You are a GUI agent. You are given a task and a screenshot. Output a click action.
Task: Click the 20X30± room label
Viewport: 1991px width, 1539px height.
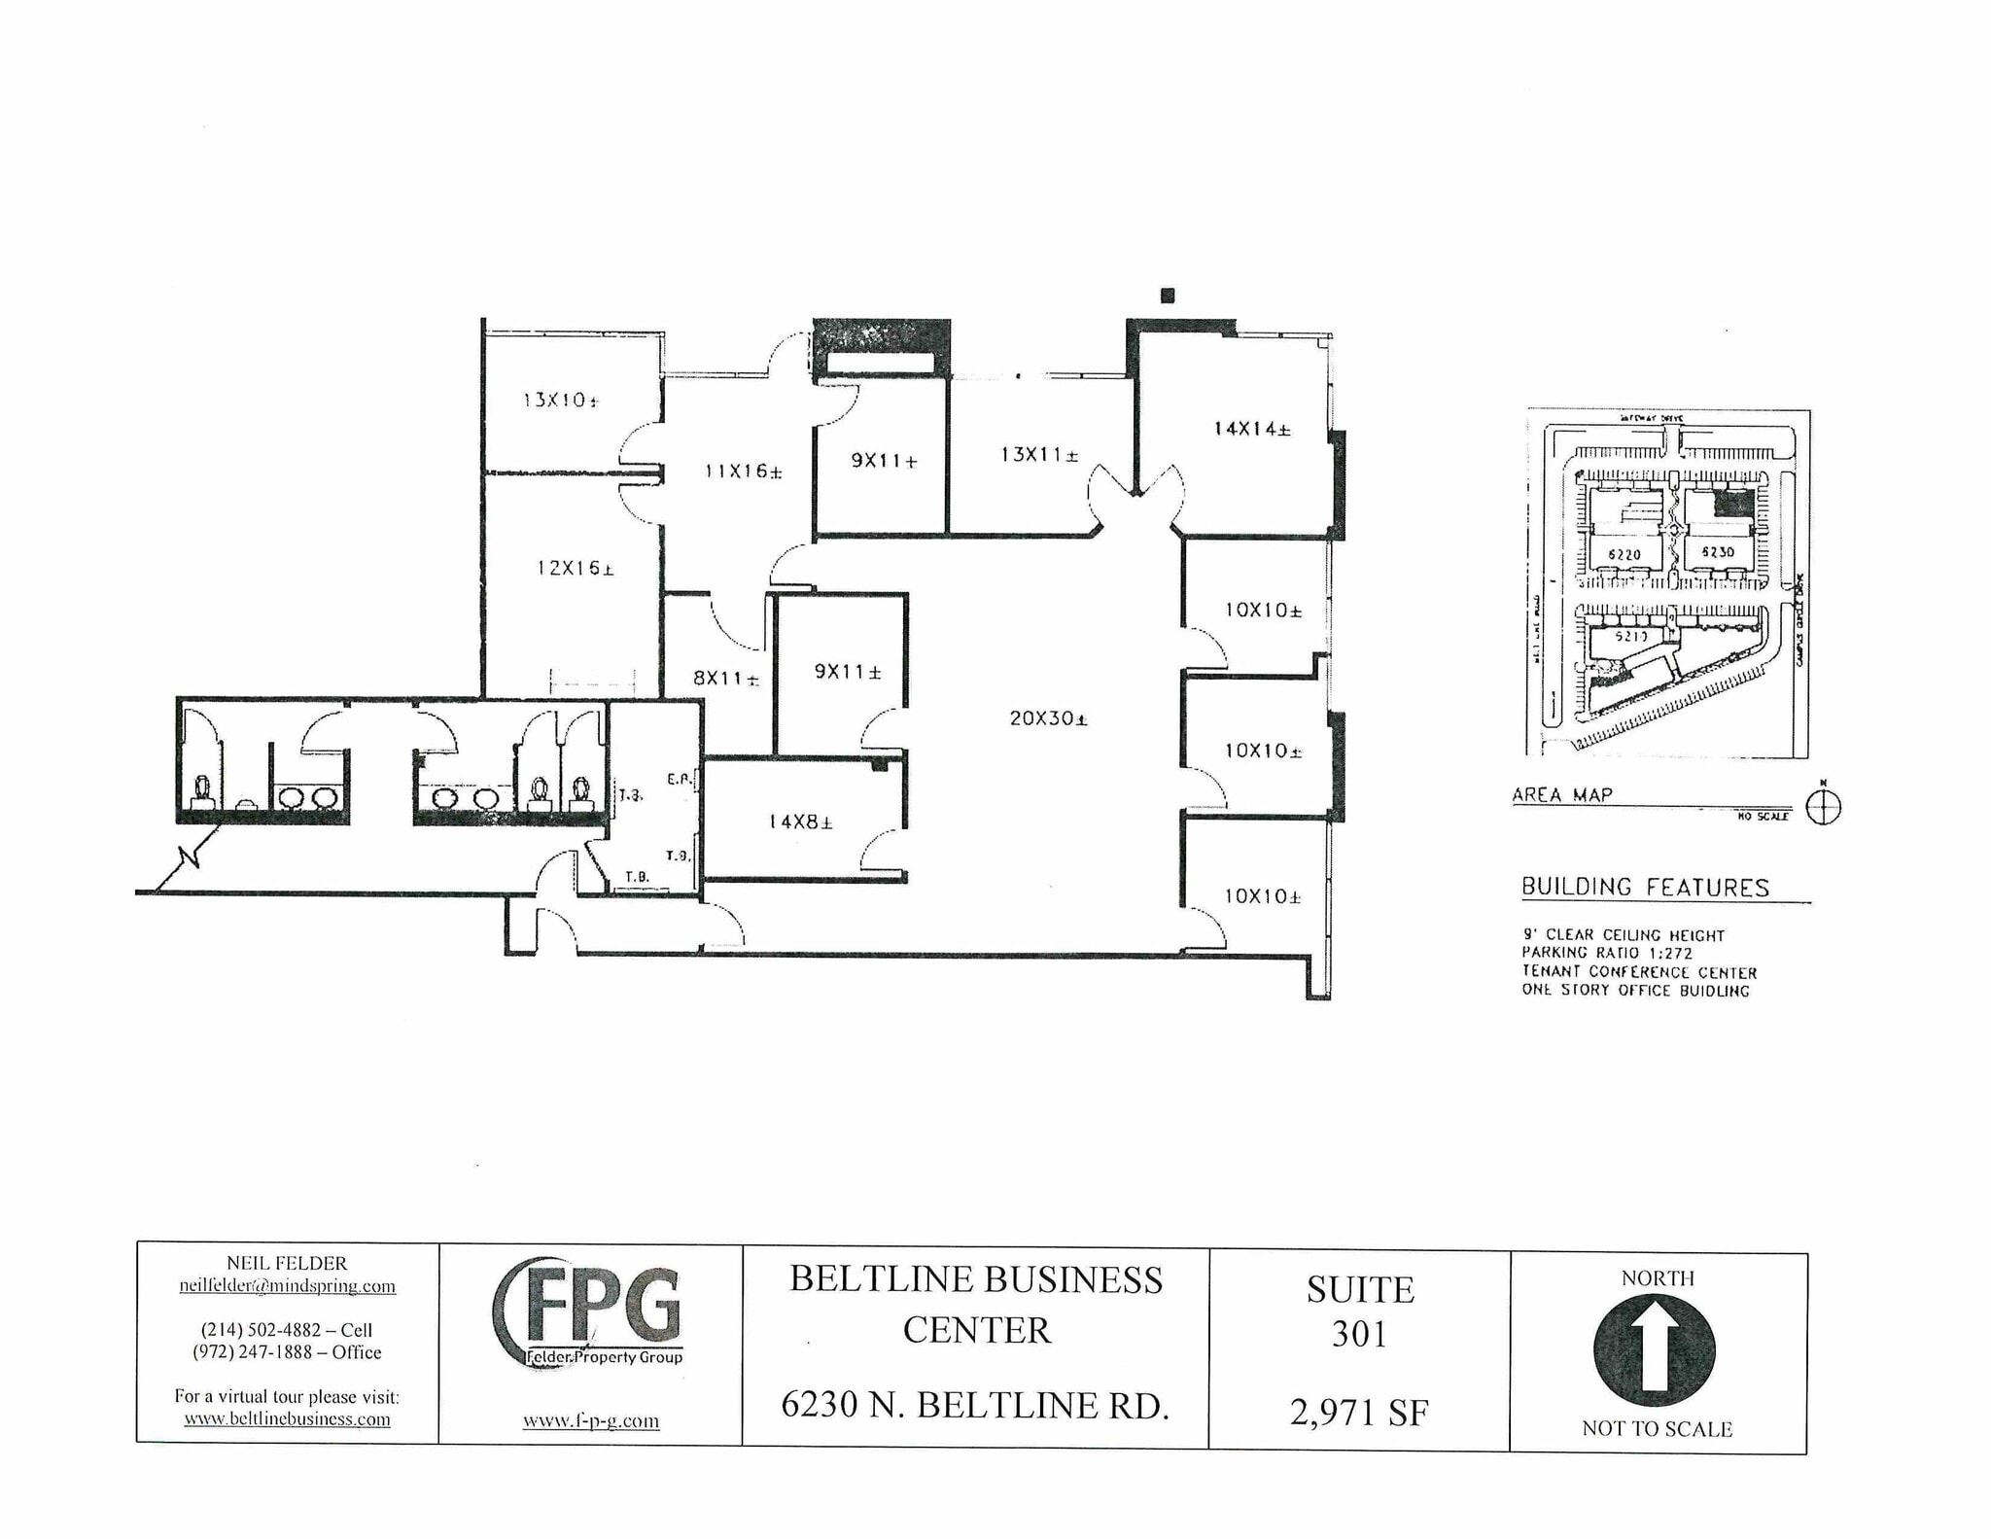[1048, 718]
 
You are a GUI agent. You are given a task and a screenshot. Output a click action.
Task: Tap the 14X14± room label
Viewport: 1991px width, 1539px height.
[1251, 428]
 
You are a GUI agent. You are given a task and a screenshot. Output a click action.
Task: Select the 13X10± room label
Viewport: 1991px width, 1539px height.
[560, 400]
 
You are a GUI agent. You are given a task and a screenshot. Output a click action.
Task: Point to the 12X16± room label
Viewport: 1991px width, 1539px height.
[575, 568]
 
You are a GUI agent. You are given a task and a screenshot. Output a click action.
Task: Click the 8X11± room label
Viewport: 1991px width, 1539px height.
[725, 679]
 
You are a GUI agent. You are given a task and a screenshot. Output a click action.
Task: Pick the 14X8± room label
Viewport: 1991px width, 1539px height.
[800, 822]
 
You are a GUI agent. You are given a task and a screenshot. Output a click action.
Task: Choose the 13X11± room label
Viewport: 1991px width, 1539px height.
[1038, 454]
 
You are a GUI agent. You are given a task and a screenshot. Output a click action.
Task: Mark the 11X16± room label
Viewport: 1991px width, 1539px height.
[743, 472]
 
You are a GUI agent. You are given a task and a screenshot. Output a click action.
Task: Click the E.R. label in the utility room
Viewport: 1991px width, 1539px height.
[679, 779]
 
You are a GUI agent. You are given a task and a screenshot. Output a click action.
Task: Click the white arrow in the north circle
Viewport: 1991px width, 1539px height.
[1655, 1347]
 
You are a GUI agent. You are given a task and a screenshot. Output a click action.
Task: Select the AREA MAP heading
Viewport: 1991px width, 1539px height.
[1561, 794]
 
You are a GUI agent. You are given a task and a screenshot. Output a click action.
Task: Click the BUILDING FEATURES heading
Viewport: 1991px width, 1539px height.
[1645, 887]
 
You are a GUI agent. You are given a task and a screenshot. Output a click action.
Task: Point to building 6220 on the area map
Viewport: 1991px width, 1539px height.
[1624, 554]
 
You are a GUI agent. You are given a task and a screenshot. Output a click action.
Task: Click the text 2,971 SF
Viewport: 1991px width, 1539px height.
[1358, 1412]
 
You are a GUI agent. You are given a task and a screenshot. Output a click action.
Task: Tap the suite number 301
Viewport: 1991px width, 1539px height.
[1358, 1334]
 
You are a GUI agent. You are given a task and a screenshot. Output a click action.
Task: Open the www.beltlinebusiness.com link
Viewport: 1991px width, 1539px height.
[287, 1418]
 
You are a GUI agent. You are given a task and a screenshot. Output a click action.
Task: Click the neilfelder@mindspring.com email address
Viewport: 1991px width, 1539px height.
[287, 1285]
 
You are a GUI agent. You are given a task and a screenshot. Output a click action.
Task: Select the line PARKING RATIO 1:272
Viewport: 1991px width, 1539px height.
[1607, 953]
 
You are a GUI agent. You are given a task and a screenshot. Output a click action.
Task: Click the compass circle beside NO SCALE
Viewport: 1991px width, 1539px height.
[1823, 808]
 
